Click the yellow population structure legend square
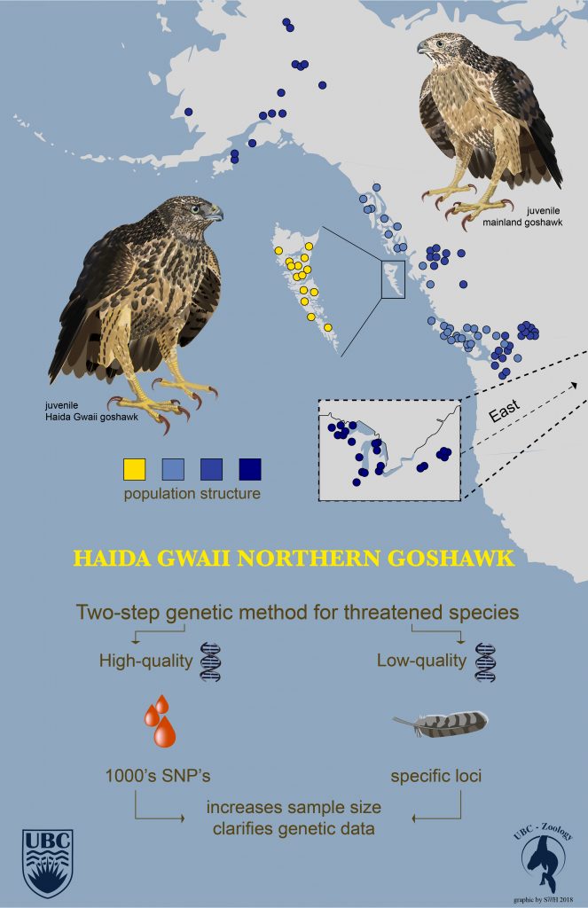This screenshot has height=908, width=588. [x=135, y=469]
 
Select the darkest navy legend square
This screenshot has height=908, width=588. [x=250, y=469]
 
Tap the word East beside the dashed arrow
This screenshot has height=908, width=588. [x=504, y=411]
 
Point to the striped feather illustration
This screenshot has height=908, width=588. [x=440, y=724]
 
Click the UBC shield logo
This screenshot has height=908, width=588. [x=48, y=863]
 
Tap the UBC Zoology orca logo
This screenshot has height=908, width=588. [x=544, y=859]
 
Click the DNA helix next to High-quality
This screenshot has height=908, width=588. [x=210, y=661]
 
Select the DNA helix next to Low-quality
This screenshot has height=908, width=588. [x=485, y=661]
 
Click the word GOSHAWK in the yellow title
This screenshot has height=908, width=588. [x=451, y=559]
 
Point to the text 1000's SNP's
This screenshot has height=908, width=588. [x=158, y=775]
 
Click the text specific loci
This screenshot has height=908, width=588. [x=436, y=776]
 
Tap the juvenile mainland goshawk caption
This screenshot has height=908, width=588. [x=522, y=216]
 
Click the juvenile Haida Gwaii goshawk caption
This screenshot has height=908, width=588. [x=91, y=411]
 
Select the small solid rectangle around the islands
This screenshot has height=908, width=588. [x=393, y=279]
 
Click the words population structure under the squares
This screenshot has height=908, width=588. [x=192, y=494]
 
